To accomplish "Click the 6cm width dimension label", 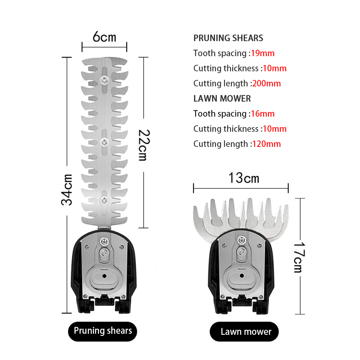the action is [104, 37].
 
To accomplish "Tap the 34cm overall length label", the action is [67, 190].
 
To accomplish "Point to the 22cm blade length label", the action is [144, 145].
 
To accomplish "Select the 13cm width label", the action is [244, 178].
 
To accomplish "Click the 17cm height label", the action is [300, 257].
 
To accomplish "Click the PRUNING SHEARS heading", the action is [228, 38].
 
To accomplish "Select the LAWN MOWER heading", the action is [222, 99].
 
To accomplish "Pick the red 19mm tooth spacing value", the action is [263, 53].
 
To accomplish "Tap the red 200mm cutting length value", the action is [266, 84].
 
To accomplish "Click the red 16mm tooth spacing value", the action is [263, 114].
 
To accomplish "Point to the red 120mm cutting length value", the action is [266, 144].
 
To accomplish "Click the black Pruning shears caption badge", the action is [102, 331].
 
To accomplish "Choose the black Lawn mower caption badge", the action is [244, 332].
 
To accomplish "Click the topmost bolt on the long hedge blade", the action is [104, 80].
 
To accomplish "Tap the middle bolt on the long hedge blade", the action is [104, 142].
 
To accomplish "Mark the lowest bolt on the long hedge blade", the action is [104, 200].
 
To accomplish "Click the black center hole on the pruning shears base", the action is [104, 276].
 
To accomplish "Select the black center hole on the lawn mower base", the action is [242, 275].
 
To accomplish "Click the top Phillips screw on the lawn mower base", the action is [242, 240].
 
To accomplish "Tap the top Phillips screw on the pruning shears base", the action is [104, 242].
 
